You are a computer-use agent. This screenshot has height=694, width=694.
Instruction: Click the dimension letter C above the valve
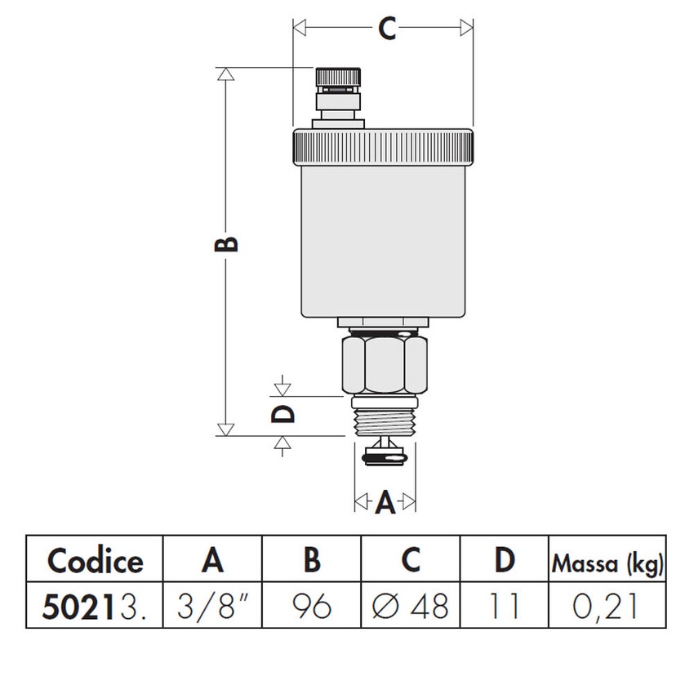pyautogui.click(x=386, y=29)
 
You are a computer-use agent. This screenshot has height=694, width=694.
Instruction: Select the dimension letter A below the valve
pyautogui.click(x=385, y=502)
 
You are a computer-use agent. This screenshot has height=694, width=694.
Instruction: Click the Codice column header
pyautogui.click(x=95, y=561)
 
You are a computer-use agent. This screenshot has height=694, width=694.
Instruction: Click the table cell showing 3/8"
pyautogui.click(x=213, y=606)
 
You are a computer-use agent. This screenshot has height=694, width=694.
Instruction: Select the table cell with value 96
pyautogui.click(x=312, y=606)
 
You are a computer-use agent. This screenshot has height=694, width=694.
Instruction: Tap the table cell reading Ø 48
pyautogui.click(x=411, y=606)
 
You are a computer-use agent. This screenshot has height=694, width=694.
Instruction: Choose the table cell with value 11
pyautogui.click(x=505, y=606)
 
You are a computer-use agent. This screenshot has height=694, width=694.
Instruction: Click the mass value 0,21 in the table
pyautogui.click(x=607, y=606)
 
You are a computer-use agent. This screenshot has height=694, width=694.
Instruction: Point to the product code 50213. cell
pyautogui.click(x=95, y=606)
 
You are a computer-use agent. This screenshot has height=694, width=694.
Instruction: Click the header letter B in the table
pyautogui.click(x=312, y=561)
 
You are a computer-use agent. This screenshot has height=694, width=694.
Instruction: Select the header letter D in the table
pyautogui.click(x=505, y=561)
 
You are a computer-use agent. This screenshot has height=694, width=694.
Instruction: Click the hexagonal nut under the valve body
pyautogui.click(x=382, y=365)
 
